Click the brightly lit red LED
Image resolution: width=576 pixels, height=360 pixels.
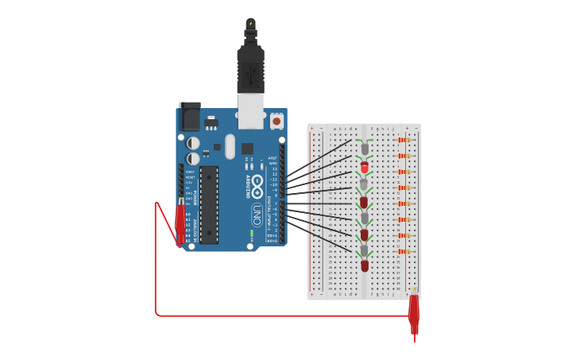click(365, 167)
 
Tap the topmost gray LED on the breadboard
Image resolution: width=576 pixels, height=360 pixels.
click(365, 149)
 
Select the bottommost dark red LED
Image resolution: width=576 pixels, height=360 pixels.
click(365, 265)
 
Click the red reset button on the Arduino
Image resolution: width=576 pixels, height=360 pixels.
click(276, 122)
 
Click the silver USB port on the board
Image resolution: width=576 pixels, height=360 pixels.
click(250, 111)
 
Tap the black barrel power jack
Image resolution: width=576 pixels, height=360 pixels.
click(190, 117)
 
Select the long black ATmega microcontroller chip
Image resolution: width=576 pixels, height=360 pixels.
click(209, 204)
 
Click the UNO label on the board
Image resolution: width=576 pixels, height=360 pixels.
click(257, 215)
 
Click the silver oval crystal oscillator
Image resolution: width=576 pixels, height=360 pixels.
click(230, 146)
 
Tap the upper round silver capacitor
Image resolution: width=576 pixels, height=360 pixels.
click(193, 143)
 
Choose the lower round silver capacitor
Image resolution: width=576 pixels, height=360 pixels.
click(193, 157)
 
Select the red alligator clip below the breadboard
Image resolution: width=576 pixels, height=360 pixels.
click(413, 314)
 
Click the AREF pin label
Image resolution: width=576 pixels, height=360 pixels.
click(273, 158)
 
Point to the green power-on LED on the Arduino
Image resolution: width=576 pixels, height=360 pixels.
click(252, 234)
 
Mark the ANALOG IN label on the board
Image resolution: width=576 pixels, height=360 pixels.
click(195, 227)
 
